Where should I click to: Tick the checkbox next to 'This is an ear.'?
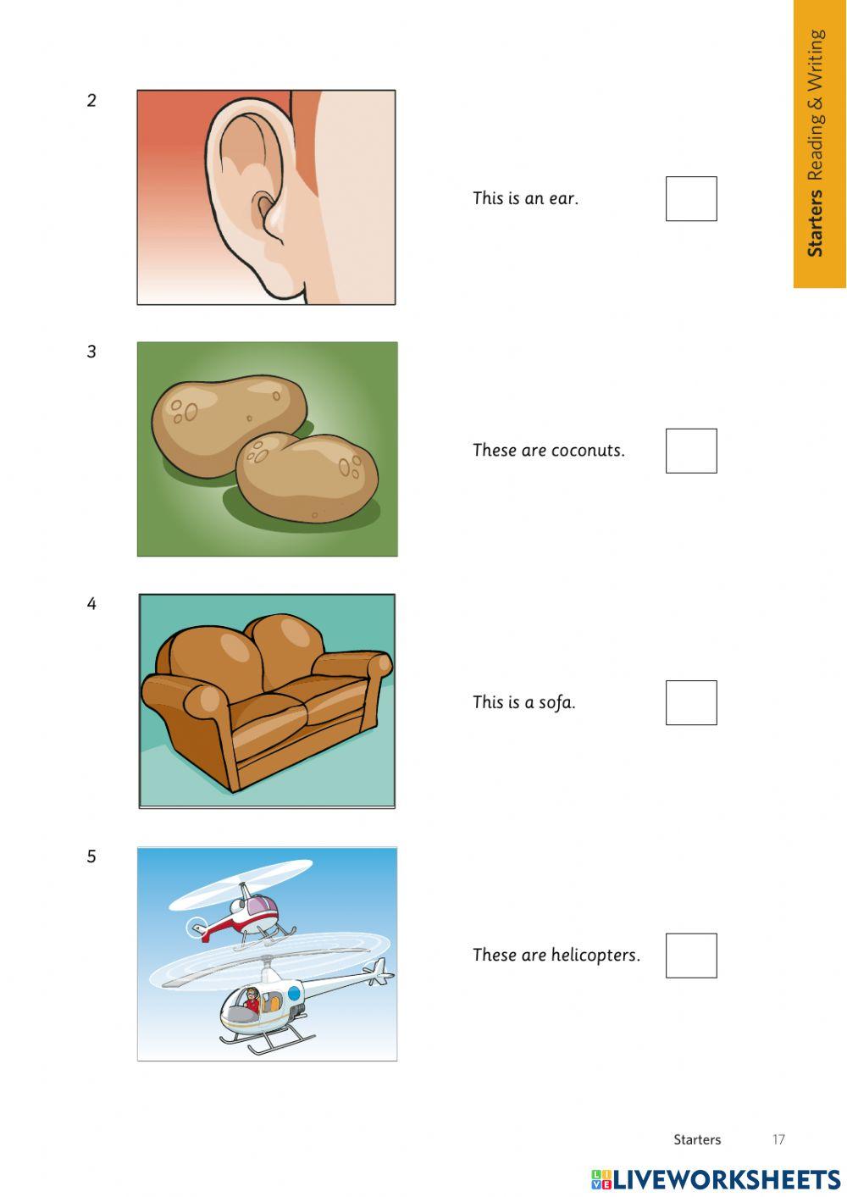691,199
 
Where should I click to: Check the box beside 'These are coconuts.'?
691,451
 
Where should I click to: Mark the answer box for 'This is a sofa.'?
691,702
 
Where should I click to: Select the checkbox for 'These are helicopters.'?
691,956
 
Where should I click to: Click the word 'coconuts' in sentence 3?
587,451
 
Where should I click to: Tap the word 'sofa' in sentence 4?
556,702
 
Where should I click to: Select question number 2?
91,101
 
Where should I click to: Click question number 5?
91,856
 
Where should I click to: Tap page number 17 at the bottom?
778,1139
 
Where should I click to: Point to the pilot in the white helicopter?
252,1000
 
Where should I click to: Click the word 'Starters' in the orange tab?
815,223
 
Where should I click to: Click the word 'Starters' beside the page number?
697,1139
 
